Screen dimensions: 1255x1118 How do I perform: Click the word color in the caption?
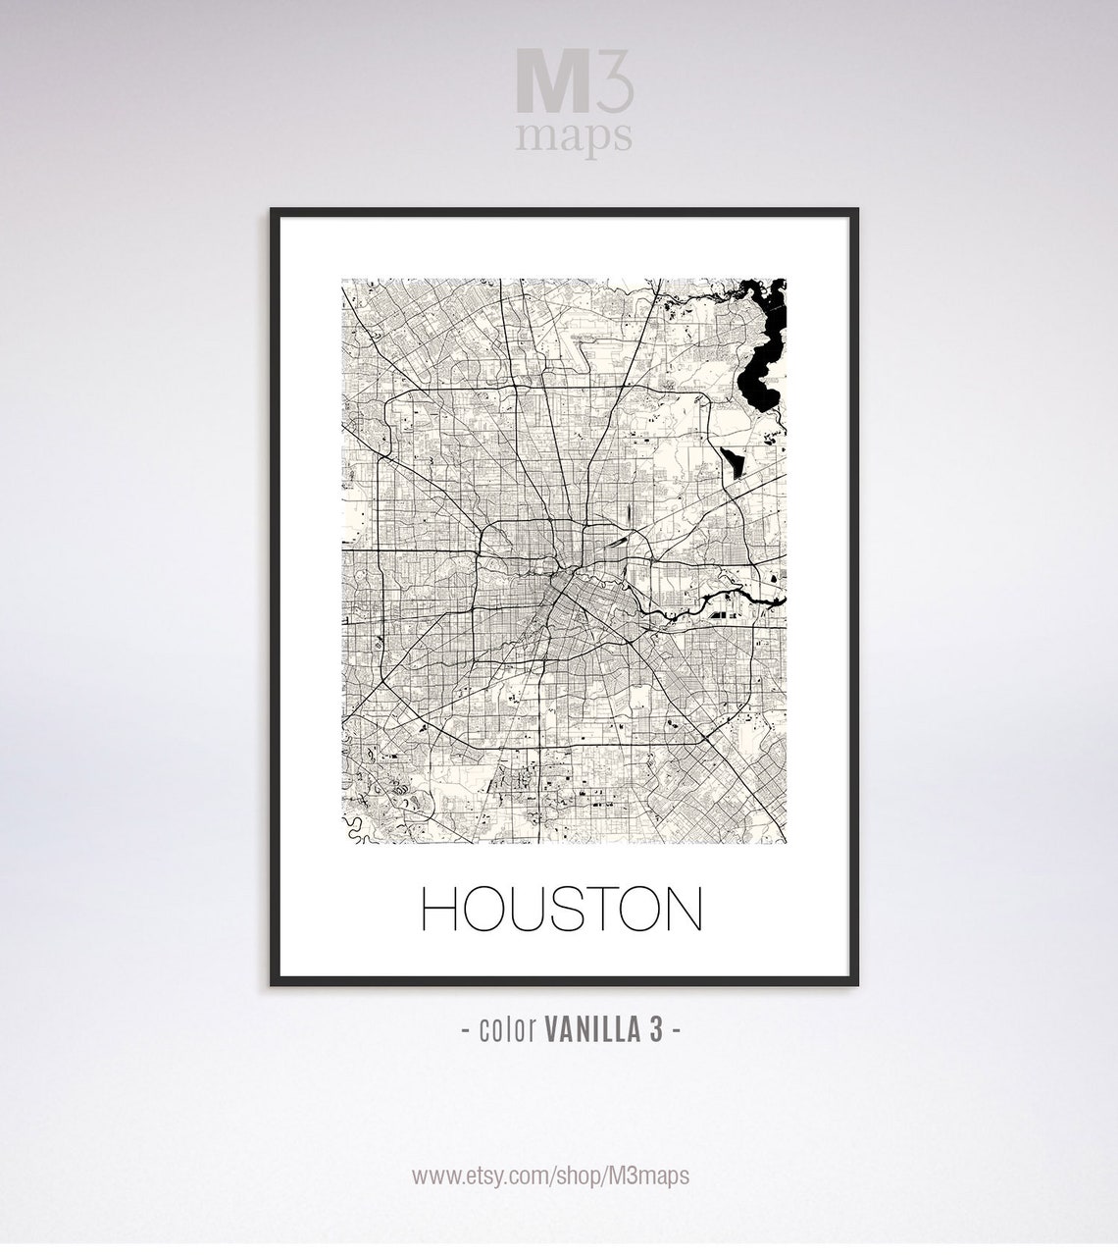pyautogui.click(x=505, y=1029)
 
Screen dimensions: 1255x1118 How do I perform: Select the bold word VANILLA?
pyautogui.click(x=590, y=1029)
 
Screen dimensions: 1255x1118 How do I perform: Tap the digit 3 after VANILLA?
pyautogui.click(x=656, y=1029)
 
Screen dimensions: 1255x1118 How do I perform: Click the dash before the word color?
pyautogui.click(x=464, y=1029)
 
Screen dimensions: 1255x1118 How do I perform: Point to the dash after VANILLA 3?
pyautogui.click(x=676, y=1029)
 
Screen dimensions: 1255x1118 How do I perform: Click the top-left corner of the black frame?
pyautogui.click(x=274, y=211)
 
